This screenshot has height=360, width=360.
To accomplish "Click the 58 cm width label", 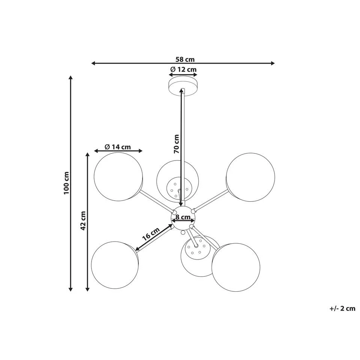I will [x=185, y=59].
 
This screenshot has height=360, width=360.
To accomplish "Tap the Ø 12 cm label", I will [x=183, y=69].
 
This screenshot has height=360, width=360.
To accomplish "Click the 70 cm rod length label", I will [x=177, y=144].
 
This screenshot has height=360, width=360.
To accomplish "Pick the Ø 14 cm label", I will [x=118, y=147].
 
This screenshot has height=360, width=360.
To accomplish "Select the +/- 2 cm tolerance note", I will [x=342, y=309].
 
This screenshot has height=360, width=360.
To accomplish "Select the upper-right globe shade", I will [x=250, y=176].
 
